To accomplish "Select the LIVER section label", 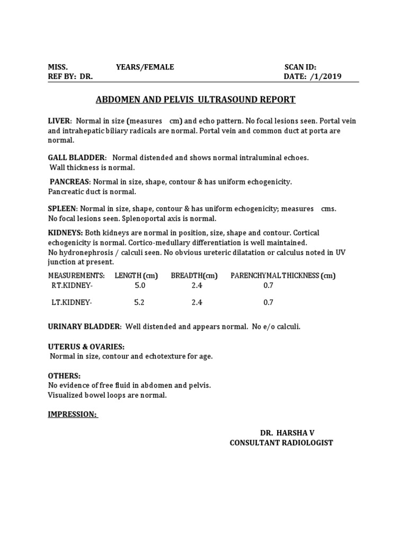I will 59,121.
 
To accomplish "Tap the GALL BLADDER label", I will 77,158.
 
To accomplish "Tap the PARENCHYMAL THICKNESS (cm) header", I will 283,276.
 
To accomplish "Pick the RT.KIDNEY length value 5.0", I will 140,285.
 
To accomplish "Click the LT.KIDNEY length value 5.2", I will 139,303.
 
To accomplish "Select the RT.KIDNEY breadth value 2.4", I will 197,285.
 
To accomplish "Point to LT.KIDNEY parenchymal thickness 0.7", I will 268,303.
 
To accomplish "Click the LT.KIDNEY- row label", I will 71,303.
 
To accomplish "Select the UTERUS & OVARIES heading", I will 86,347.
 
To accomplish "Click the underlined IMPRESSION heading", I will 73,415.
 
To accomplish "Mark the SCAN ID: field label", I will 300,67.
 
